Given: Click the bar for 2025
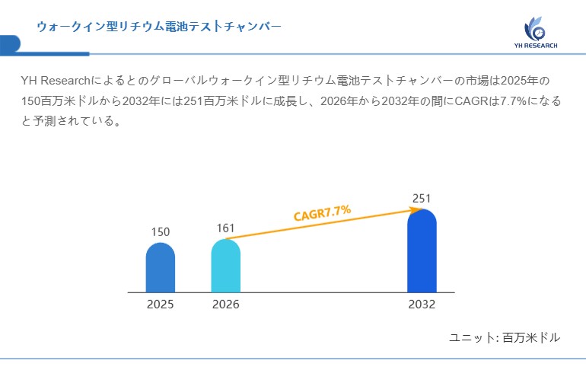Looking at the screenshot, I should (x=160, y=268).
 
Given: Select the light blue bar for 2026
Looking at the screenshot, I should (x=225, y=266).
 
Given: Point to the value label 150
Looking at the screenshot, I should (x=160, y=231).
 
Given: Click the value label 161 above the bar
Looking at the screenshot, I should (x=226, y=228).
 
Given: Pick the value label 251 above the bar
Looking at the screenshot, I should (x=422, y=199).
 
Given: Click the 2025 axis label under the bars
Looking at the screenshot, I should (x=160, y=305).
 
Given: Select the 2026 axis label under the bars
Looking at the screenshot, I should (x=225, y=305).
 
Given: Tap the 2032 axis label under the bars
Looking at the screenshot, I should (x=422, y=305).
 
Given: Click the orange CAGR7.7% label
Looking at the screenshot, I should (x=322, y=212).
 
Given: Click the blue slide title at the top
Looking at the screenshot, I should (x=159, y=27).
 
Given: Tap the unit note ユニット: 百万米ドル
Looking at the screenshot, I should (x=505, y=337).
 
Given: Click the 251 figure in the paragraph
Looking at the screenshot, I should (x=193, y=101).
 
